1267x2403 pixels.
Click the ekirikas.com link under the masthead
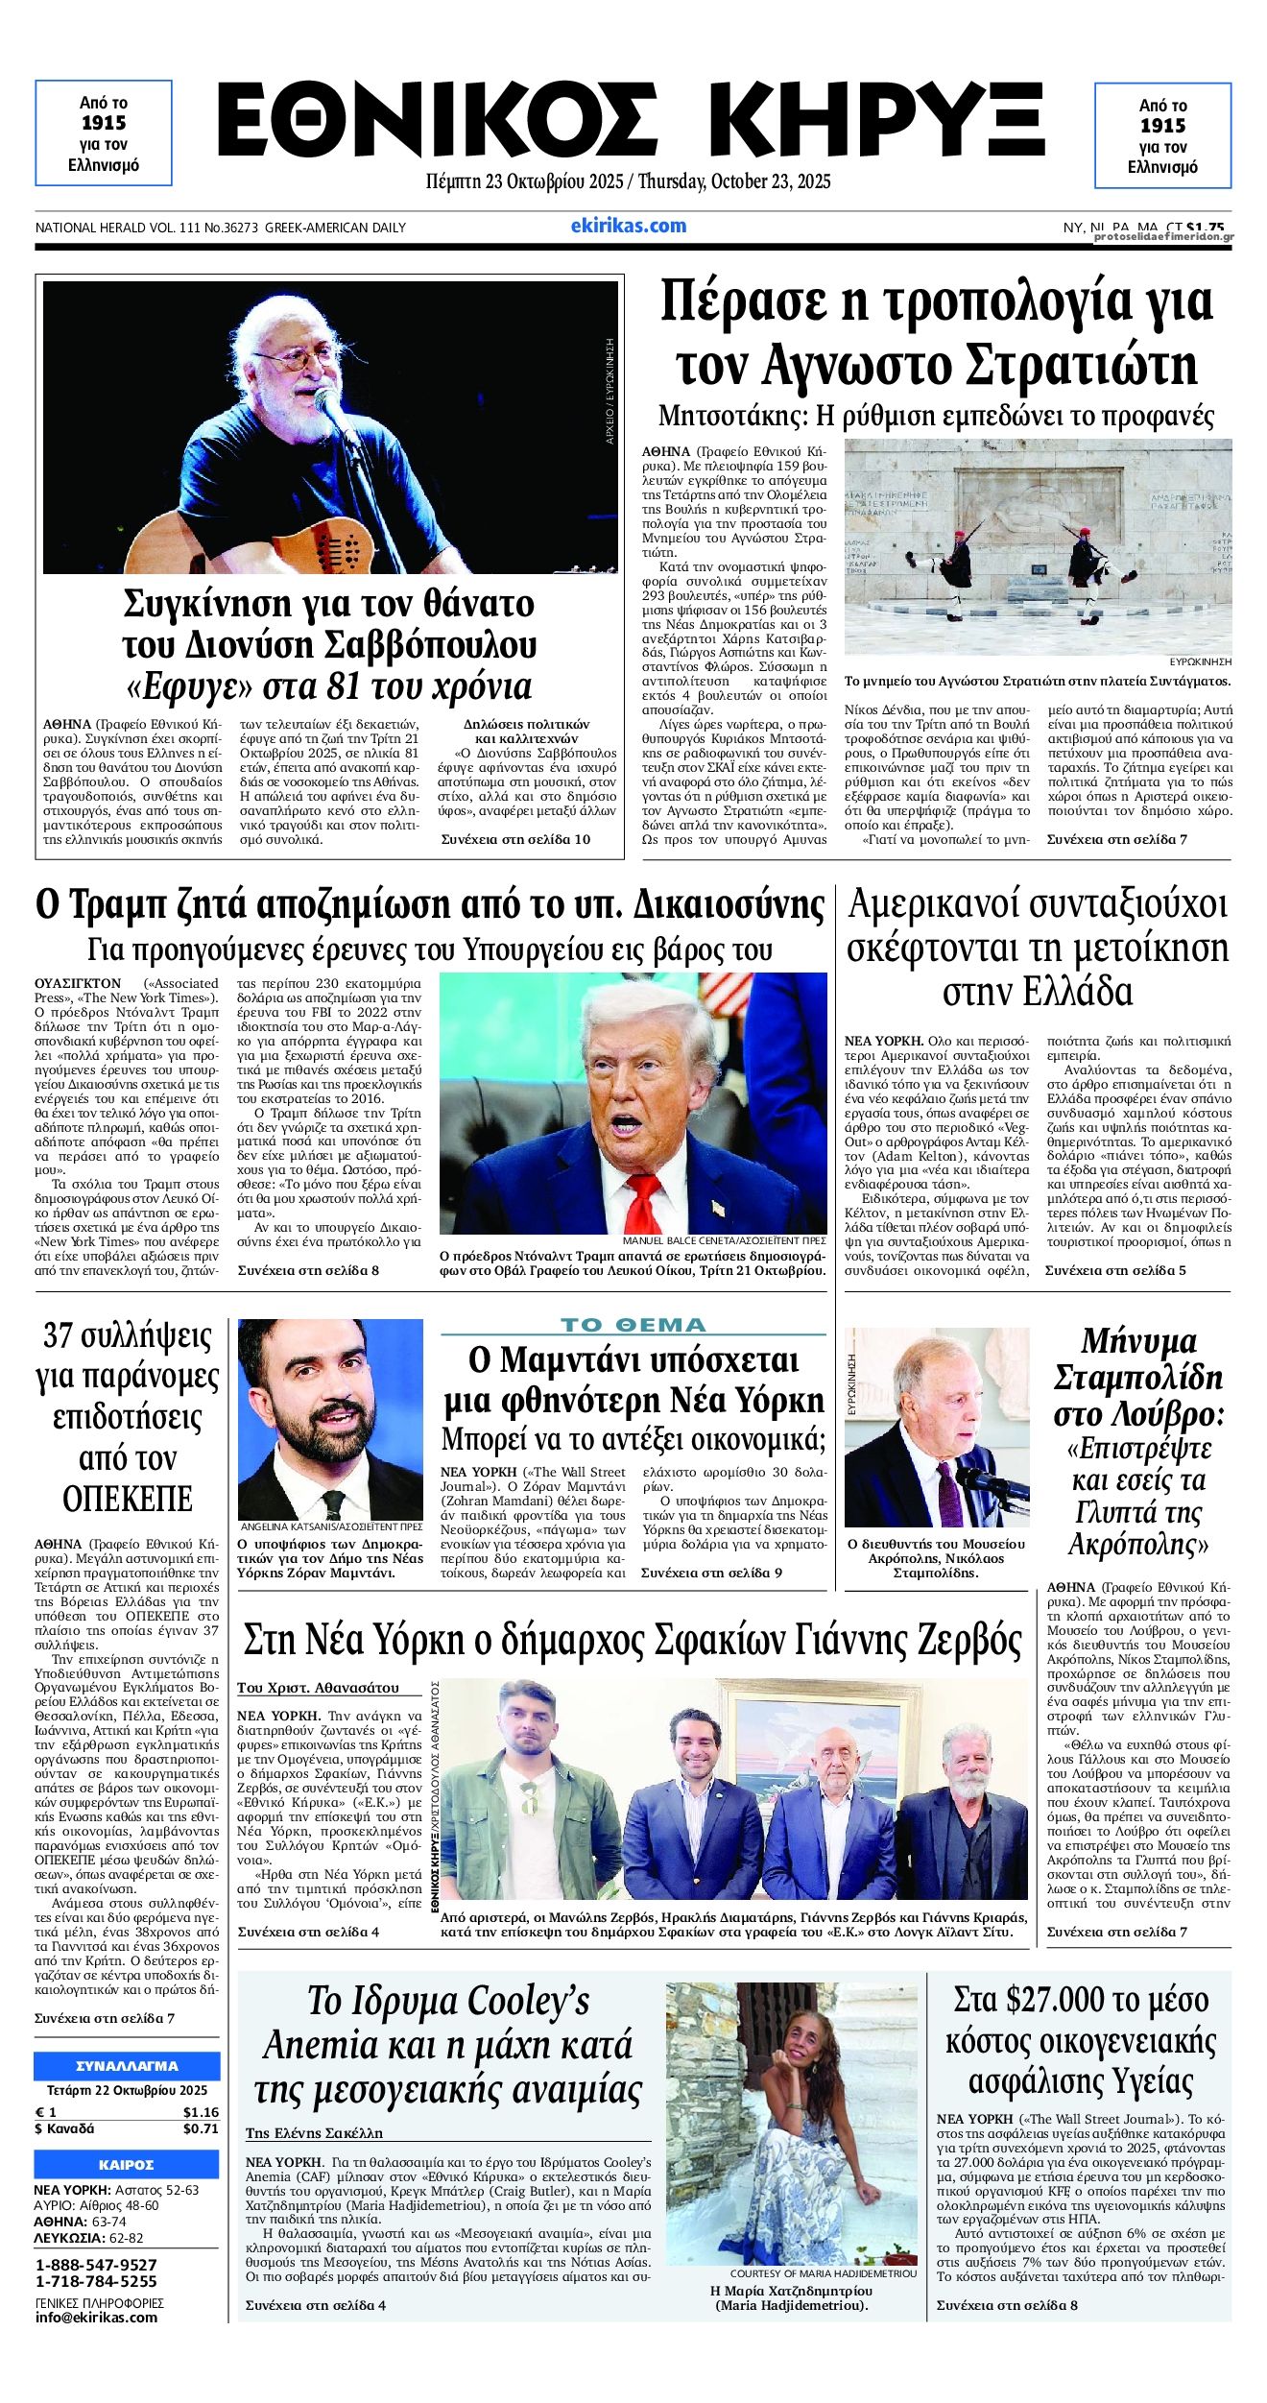tap(628, 226)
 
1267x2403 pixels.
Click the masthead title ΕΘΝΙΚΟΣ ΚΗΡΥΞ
tap(631, 121)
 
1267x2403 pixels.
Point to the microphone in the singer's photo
tap(327, 402)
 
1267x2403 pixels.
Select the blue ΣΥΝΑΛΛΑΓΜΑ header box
tap(127, 2066)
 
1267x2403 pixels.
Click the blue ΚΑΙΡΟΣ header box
tap(127, 2165)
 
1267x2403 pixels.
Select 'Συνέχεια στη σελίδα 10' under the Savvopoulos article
tap(515, 840)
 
